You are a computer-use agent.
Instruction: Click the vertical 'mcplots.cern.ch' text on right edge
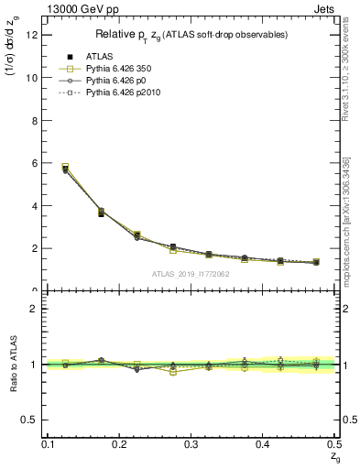(352, 220)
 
